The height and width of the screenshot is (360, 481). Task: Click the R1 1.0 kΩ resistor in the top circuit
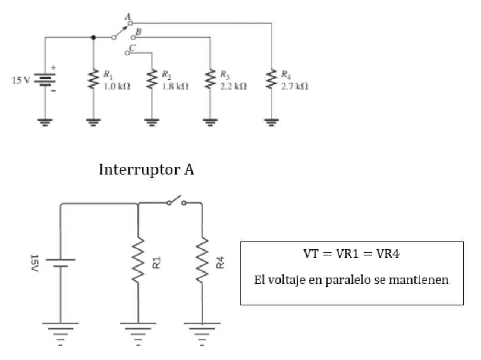point(93,79)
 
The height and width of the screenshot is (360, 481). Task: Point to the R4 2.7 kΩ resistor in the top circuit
point(272,79)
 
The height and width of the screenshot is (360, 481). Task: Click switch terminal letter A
point(126,18)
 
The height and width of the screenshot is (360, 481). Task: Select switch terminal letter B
point(138,30)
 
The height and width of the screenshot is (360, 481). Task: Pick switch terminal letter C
point(131,46)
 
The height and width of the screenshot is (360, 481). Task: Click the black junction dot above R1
point(93,37)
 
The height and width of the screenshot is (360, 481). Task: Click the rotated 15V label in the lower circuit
point(34,261)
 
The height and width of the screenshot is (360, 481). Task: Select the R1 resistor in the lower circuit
point(138,262)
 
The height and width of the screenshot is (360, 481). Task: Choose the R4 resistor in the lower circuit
point(202,262)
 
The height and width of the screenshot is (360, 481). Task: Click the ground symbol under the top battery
point(46,123)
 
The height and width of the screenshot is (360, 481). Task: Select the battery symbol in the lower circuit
point(61,262)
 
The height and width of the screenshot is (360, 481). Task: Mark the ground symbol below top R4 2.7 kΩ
point(272,123)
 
